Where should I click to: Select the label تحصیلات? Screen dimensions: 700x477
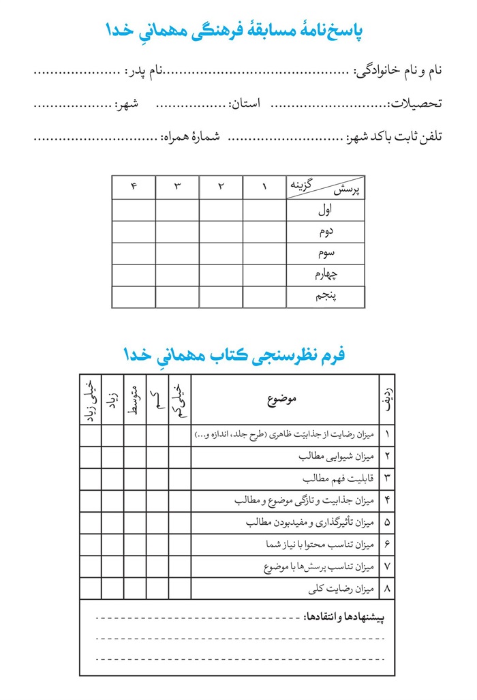[x=415, y=104]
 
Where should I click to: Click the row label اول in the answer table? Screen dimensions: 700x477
[x=326, y=210]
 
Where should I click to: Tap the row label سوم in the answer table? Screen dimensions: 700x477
[x=326, y=254]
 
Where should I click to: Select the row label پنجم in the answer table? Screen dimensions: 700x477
[x=326, y=297]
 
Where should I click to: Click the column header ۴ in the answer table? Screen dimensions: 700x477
[x=134, y=187]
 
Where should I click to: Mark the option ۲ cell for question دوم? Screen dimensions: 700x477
[x=221, y=232]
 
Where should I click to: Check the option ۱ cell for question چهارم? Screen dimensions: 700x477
[x=264, y=275]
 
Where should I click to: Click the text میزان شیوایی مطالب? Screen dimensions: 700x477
[x=338, y=457]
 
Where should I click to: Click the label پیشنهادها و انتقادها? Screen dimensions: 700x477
[x=344, y=618]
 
